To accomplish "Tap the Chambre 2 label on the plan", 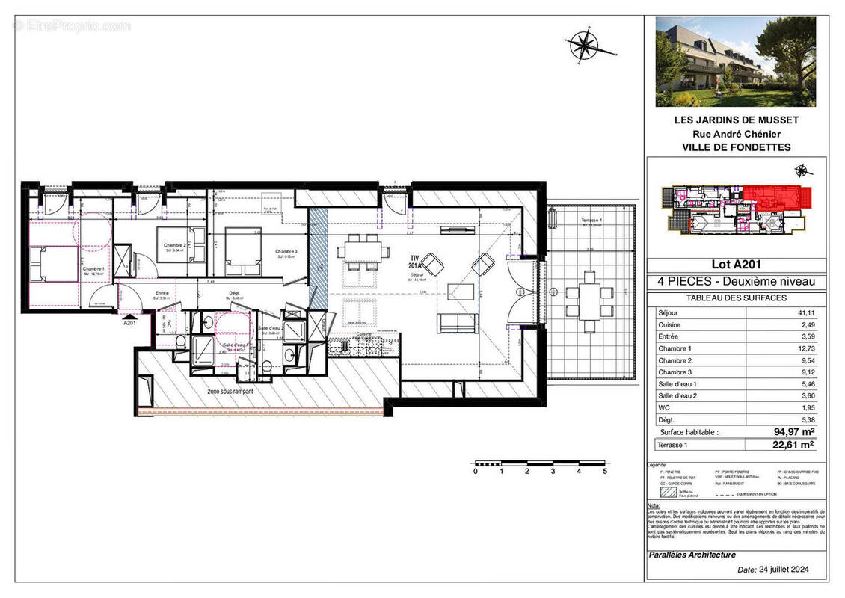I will [175, 245].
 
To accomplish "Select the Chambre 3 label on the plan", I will [286, 251].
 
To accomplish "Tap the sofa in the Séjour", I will [457, 323].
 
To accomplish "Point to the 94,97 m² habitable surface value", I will [793, 432].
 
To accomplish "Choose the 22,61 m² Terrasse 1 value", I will [793, 445].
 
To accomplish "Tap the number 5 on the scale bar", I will [604, 472].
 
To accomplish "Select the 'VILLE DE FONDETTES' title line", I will [736, 147].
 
